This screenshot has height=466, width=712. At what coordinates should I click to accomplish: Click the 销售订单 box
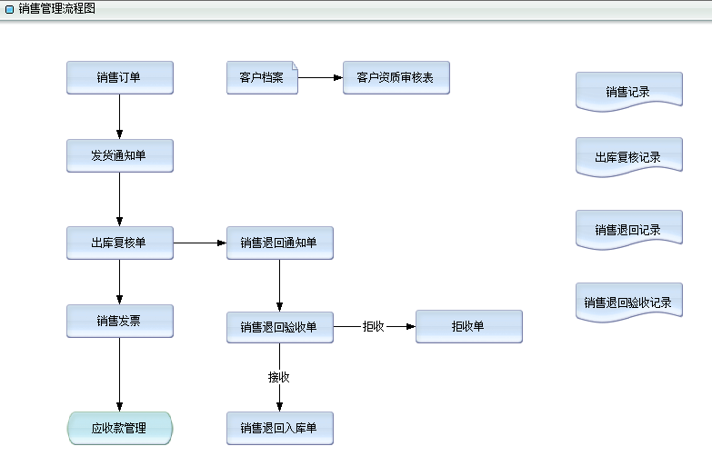click(x=119, y=77)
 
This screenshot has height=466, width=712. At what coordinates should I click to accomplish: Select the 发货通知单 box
click(x=119, y=155)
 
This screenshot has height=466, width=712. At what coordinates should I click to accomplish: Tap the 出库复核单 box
click(x=119, y=243)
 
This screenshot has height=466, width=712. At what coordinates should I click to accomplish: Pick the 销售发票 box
click(x=119, y=321)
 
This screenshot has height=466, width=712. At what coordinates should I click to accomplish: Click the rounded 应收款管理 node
click(x=119, y=428)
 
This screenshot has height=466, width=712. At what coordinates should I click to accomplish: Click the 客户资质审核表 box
click(x=396, y=77)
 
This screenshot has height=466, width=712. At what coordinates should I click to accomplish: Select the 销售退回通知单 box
click(x=279, y=243)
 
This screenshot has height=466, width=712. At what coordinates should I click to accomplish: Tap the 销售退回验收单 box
click(x=279, y=327)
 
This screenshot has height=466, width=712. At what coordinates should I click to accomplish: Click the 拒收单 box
click(x=468, y=327)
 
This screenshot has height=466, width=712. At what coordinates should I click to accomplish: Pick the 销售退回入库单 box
click(x=279, y=428)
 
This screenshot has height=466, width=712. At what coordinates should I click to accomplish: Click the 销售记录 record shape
click(x=628, y=91)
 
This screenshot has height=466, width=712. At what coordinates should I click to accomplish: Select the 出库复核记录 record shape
click(x=628, y=156)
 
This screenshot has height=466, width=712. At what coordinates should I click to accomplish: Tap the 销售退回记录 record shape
click(x=628, y=229)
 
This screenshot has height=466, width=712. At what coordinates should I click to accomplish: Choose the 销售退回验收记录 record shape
click(x=628, y=302)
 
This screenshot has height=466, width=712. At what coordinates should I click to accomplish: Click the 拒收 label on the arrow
click(x=374, y=327)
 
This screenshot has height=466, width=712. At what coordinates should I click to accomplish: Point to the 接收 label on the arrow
click(x=279, y=377)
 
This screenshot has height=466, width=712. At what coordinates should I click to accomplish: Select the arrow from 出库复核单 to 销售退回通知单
click(x=200, y=243)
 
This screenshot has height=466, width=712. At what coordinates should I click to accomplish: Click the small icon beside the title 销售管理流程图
click(x=9, y=9)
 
